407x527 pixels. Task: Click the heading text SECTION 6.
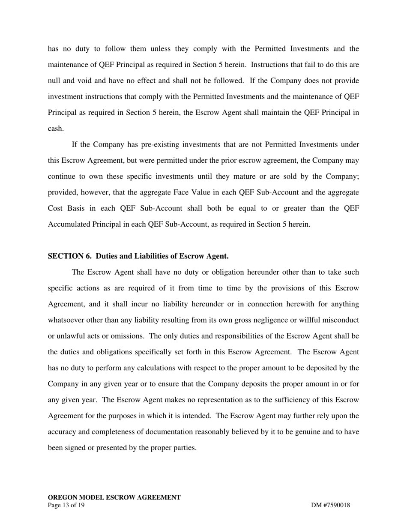69,256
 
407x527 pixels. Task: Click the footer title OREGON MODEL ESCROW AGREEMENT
114,497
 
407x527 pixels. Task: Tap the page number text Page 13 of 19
66,505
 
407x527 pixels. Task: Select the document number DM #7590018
330,505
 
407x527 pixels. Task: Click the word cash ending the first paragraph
55,129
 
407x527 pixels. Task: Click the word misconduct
338,320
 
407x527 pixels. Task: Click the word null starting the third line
54,81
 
